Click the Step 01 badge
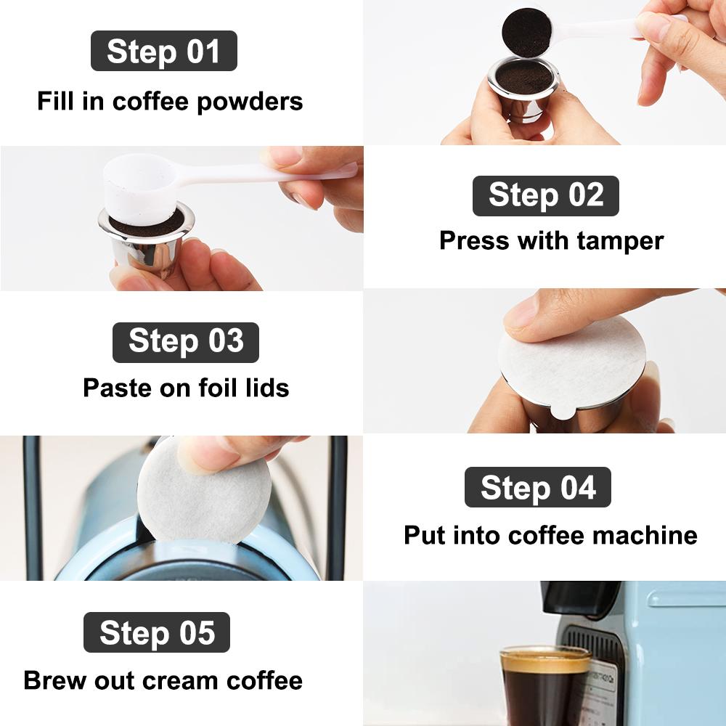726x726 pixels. (163, 52)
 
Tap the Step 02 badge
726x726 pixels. (545, 196)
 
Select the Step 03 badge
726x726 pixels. (185, 342)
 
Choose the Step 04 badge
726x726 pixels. (537, 487)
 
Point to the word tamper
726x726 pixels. (621, 240)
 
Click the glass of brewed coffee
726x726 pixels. (544, 686)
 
